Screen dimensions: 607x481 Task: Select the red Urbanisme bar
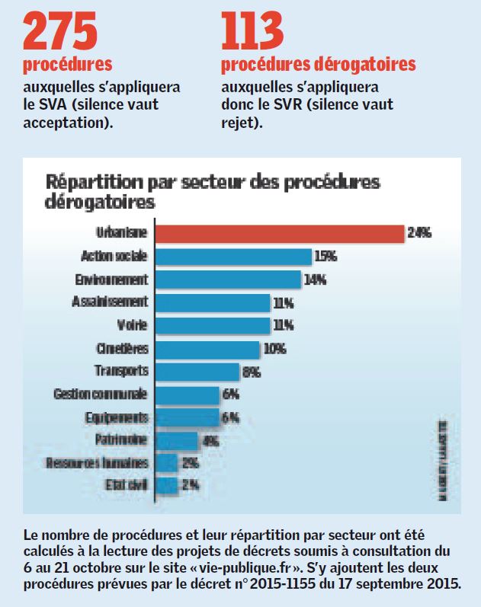coord(279,233)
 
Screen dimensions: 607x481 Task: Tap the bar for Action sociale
coord(233,256)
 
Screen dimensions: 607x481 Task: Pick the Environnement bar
coord(228,279)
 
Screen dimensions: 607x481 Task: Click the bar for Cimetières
coord(207,349)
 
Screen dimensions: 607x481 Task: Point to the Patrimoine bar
coord(177,441)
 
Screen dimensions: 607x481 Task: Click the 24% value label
coord(419,234)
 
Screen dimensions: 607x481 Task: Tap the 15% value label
coord(326,257)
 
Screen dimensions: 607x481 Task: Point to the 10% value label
coord(274,349)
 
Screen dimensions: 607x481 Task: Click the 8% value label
coord(252,372)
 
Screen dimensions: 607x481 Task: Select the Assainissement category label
coord(110,302)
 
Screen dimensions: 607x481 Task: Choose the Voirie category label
coord(132,325)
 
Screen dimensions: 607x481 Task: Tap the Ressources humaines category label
coord(97,463)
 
